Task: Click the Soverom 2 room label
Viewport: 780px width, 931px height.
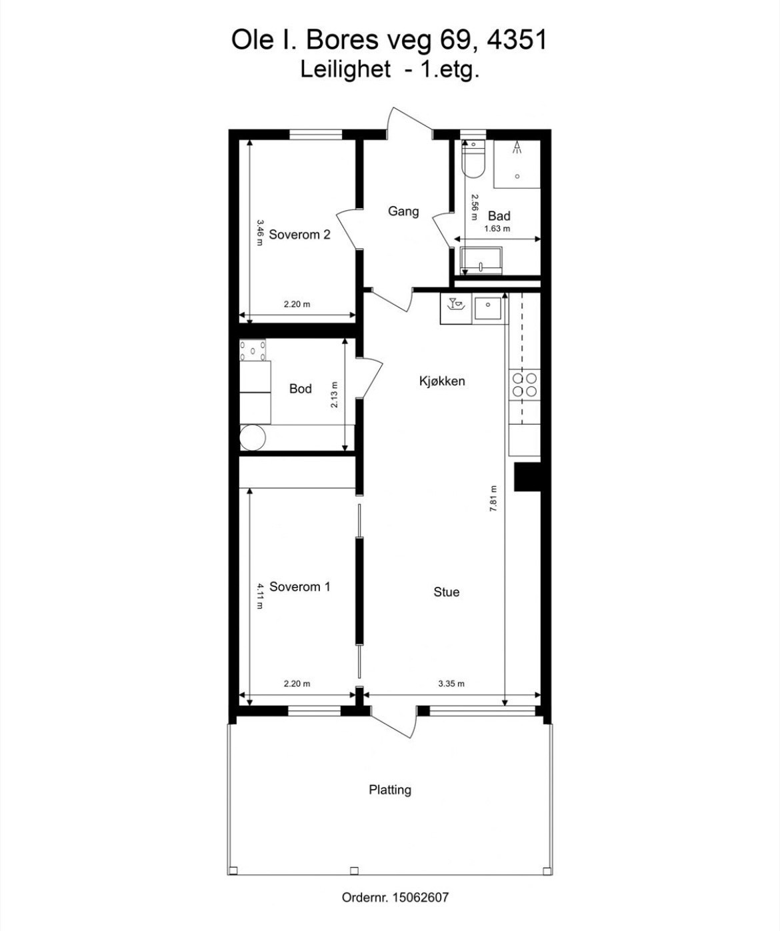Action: [x=299, y=235]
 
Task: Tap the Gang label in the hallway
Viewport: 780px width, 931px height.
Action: [x=403, y=211]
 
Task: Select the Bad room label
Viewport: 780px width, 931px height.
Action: [x=499, y=215]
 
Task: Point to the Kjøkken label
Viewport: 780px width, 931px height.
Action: [x=442, y=381]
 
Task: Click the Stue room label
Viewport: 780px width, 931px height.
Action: [x=446, y=592]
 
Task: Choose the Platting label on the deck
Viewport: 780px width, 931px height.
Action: [x=390, y=790]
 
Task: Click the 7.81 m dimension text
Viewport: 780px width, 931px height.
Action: [x=494, y=498]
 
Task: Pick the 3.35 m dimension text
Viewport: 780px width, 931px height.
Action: [x=451, y=684]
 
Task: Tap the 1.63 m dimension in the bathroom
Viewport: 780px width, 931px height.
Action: [x=497, y=229]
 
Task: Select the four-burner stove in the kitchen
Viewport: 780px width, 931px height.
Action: [x=524, y=385]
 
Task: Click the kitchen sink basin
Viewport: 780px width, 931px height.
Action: [x=488, y=309]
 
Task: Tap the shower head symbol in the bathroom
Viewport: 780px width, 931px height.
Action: [x=517, y=149]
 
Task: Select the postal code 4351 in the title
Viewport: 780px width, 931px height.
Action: [x=517, y=40]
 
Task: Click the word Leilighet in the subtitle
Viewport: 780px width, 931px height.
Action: [x=345, y=69]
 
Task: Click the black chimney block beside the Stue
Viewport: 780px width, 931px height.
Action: [x=527, y=477]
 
